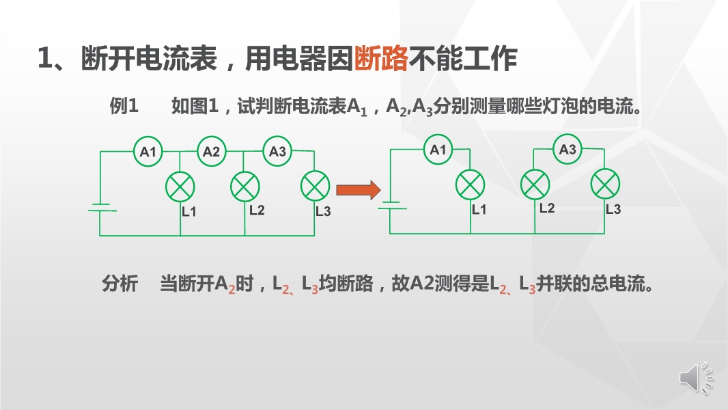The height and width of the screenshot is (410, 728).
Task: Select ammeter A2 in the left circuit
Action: tap(212, 152)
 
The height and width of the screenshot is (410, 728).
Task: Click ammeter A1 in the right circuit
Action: tap(438, 150)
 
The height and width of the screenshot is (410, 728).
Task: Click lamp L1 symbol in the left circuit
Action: tap(181, 186)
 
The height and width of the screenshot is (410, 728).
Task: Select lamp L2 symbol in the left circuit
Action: tap(245, 185)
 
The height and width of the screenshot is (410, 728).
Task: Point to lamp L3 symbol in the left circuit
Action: tap(315, 185)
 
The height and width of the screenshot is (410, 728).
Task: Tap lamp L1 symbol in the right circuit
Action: tap(471, 184)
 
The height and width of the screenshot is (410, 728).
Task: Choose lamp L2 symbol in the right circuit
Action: tap(535, 184)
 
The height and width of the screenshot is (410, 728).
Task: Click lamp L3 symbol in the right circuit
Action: tap(606, 184)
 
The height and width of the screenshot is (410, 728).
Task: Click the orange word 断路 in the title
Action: tap(382, 59)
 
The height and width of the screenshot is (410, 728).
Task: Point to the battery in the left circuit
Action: tap(101, 207)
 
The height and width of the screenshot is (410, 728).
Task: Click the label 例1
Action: tap(124, 107)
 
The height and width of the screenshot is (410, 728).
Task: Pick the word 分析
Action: tap(120, 284)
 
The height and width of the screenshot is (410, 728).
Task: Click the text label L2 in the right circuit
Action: tap(547, 208)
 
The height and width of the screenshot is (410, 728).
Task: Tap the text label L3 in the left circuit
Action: tap(323, 211)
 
